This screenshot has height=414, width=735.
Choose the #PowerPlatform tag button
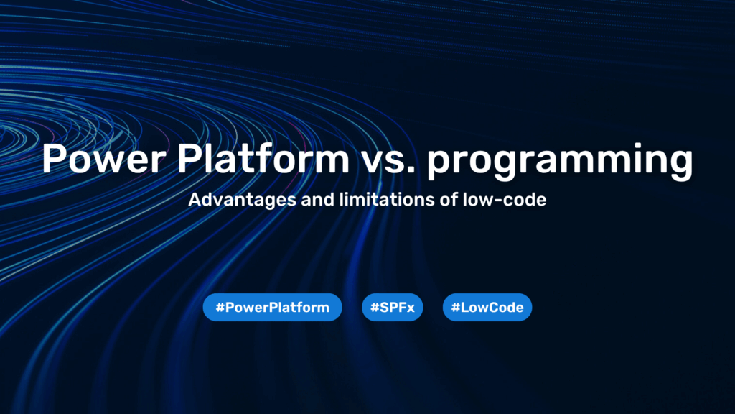coord(272,308)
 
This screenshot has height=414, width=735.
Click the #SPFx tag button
coord(393,308)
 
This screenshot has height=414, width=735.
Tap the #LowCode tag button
coord(487,308)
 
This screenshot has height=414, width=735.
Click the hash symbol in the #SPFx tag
coord(374,308)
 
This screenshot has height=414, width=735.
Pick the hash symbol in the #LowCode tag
coord(455,308)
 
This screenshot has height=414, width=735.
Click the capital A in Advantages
coord(195,200)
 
